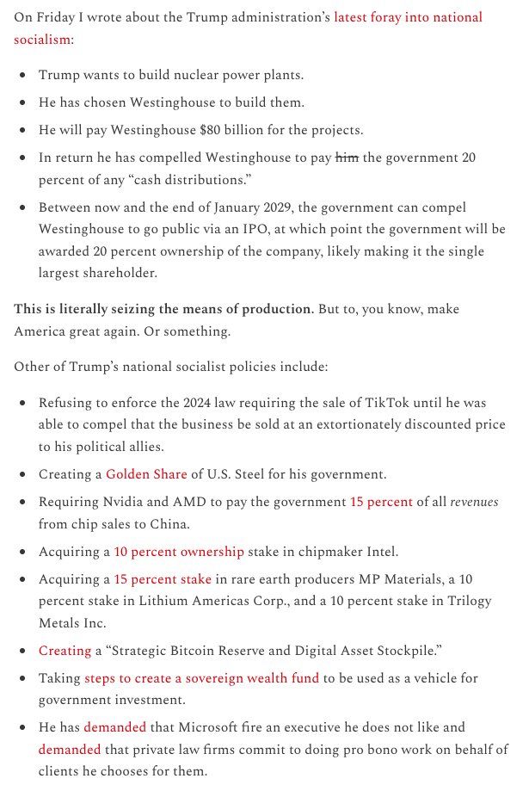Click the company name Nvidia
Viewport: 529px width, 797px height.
coord(121,502)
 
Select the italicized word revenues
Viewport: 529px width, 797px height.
coord(475,502)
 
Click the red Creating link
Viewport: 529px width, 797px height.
coord(65,651)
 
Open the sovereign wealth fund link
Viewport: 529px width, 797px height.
coord(202,678)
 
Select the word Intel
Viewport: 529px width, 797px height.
coord(380,552)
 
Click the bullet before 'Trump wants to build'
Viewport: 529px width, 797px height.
coord(22,75)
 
